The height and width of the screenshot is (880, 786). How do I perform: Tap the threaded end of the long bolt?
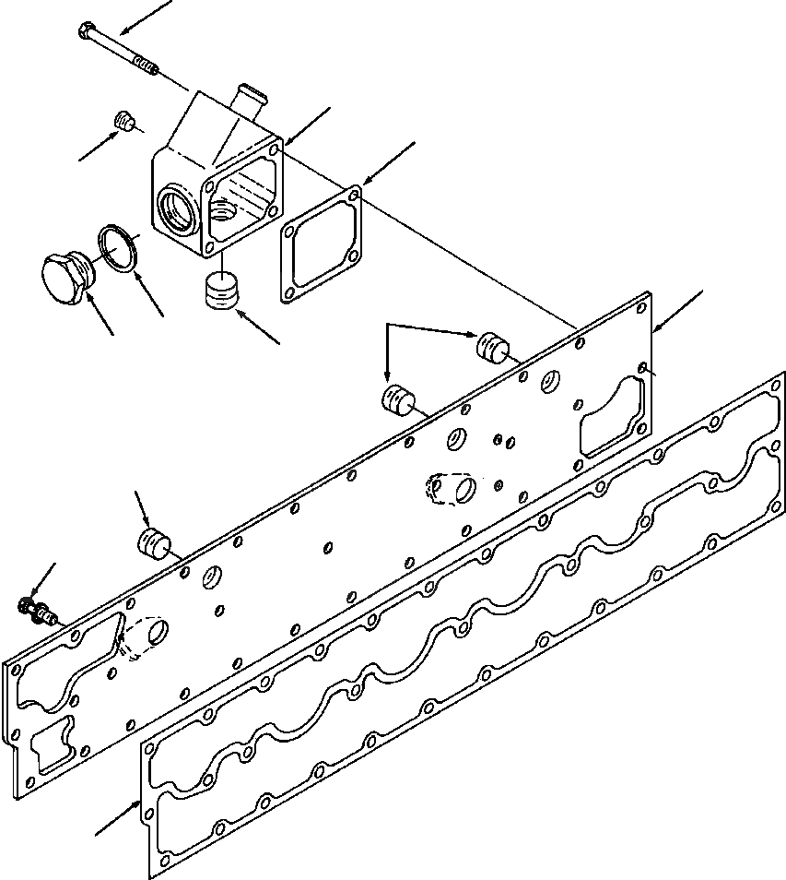[146, 64]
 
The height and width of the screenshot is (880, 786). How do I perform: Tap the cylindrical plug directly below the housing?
[218, 292]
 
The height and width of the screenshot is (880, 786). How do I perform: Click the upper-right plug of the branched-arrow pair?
[492, 347]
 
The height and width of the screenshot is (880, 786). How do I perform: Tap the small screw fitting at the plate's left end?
[37, 610]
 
